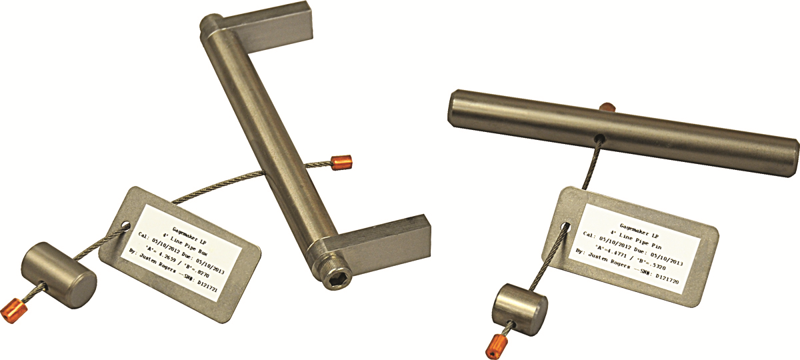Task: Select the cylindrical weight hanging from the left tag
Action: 58,271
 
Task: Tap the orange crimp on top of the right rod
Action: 606,107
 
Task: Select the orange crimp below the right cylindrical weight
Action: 495,345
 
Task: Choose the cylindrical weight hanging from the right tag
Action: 520,307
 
